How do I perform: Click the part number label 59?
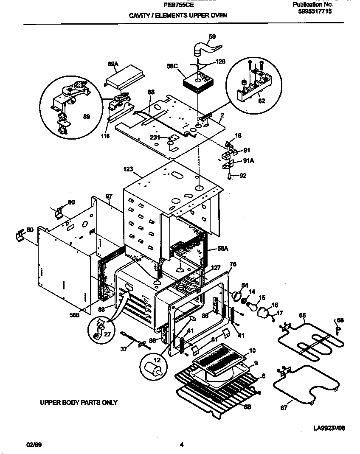[x=213, y=36]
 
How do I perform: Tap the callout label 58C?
[x=172, y=66]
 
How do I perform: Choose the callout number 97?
[x=109, y=196]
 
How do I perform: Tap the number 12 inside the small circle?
[x=146, y=360]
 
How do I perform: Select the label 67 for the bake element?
[x=284, y=408]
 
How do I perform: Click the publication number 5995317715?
[x=315, y=12]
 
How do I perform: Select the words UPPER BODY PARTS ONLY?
[x=79, y=402]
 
